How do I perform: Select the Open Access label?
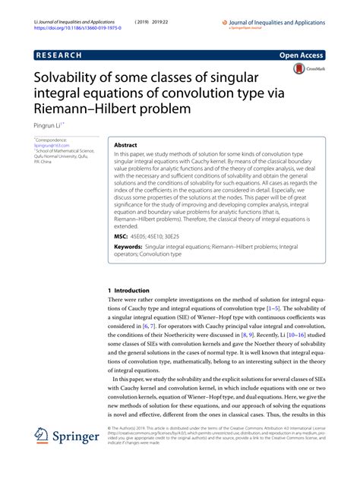302,56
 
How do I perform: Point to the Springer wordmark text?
77,439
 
